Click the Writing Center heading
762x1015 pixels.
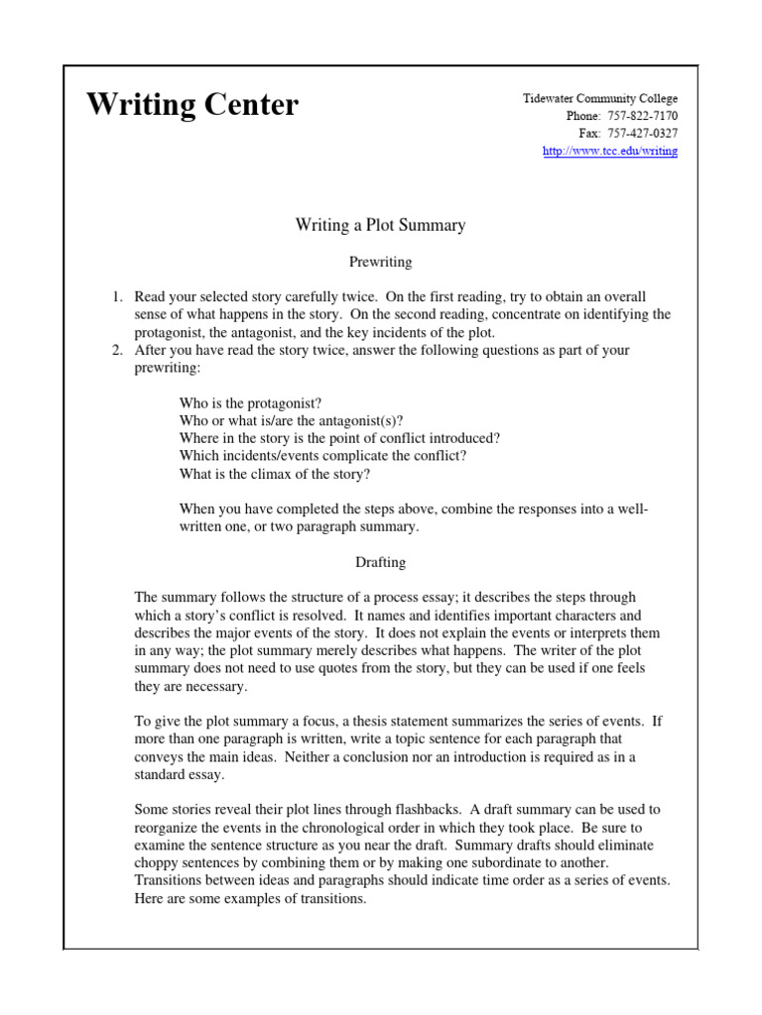[x=191, y=105]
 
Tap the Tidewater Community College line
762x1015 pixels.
[x=600, y=99]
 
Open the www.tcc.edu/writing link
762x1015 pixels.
[x=610, y=151]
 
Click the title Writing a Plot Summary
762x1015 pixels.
[x=380, y=225]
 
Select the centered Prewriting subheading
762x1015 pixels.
[x=380, y=263]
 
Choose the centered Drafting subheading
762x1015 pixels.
[x=380, y=562]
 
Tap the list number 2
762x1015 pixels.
[x=115, y=350]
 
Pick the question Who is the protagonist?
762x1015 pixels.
[x=250, y=403]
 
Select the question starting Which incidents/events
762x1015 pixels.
[x=322, y=456]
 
